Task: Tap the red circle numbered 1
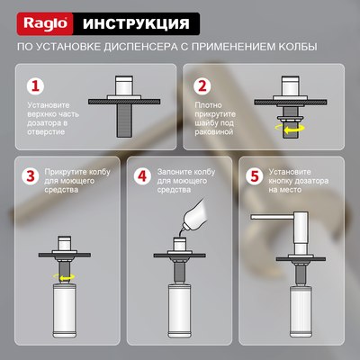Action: click(x=35, y=87)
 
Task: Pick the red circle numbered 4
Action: click(x=141, y=177)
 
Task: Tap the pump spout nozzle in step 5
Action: click(x=256, y=218)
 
